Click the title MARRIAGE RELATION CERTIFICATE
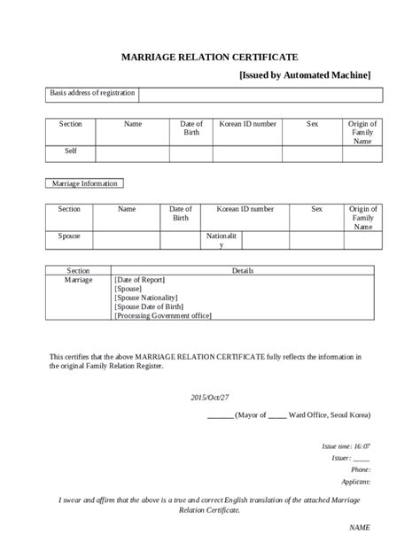coord(209,56)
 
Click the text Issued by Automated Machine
coord(305,75)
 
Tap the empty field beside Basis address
coord(260,95)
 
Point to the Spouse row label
coord(69,237)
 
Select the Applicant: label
coord(356,482)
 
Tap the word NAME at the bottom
coord(360,528)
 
